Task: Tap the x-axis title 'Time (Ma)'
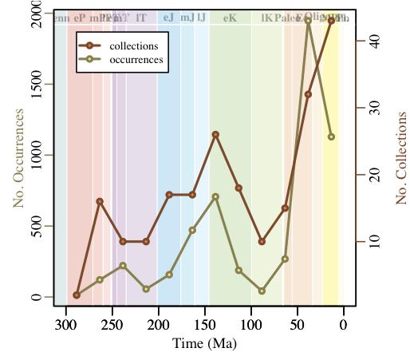(x=204, y=344)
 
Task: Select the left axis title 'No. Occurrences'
(x=19, y=158)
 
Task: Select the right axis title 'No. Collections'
(x=401, y=158)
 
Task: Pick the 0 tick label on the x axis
(x=344, y=325)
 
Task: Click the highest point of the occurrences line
(x=308, y=20)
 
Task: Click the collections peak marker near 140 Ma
(x=215, y=134)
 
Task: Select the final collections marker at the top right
(x=332, y=20)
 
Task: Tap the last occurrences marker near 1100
(x=332, y=136)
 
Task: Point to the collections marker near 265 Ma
(x=100, y=201)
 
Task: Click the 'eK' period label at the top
(x=231, y=18)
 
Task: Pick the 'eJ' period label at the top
(x=168, y=18)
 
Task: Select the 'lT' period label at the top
(x=141, y=18)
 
